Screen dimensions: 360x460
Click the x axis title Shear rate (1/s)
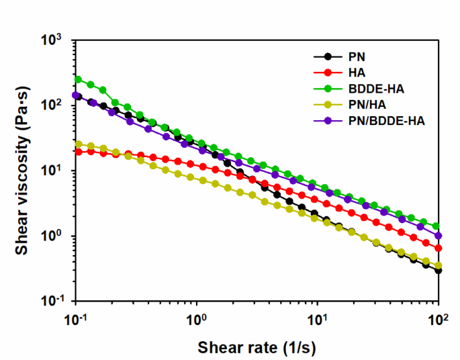point(257,347)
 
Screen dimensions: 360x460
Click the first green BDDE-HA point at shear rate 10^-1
point(78,79)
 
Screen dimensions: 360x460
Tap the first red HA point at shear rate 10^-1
point(78,152)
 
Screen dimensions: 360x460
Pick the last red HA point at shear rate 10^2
point(439,248)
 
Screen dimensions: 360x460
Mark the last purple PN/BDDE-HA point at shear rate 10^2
point(439,236)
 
